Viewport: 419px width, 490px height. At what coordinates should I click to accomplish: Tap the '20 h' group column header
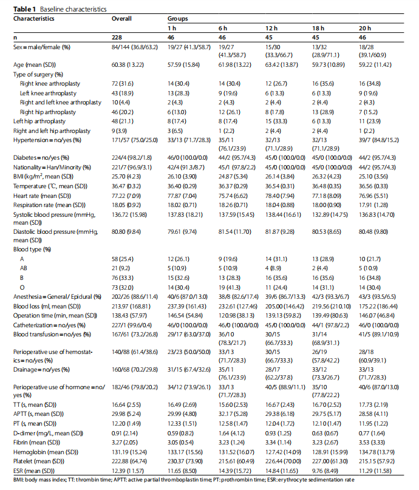[x=364, y=28]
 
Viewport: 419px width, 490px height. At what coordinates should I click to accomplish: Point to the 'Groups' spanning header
[x=177, y=19]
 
